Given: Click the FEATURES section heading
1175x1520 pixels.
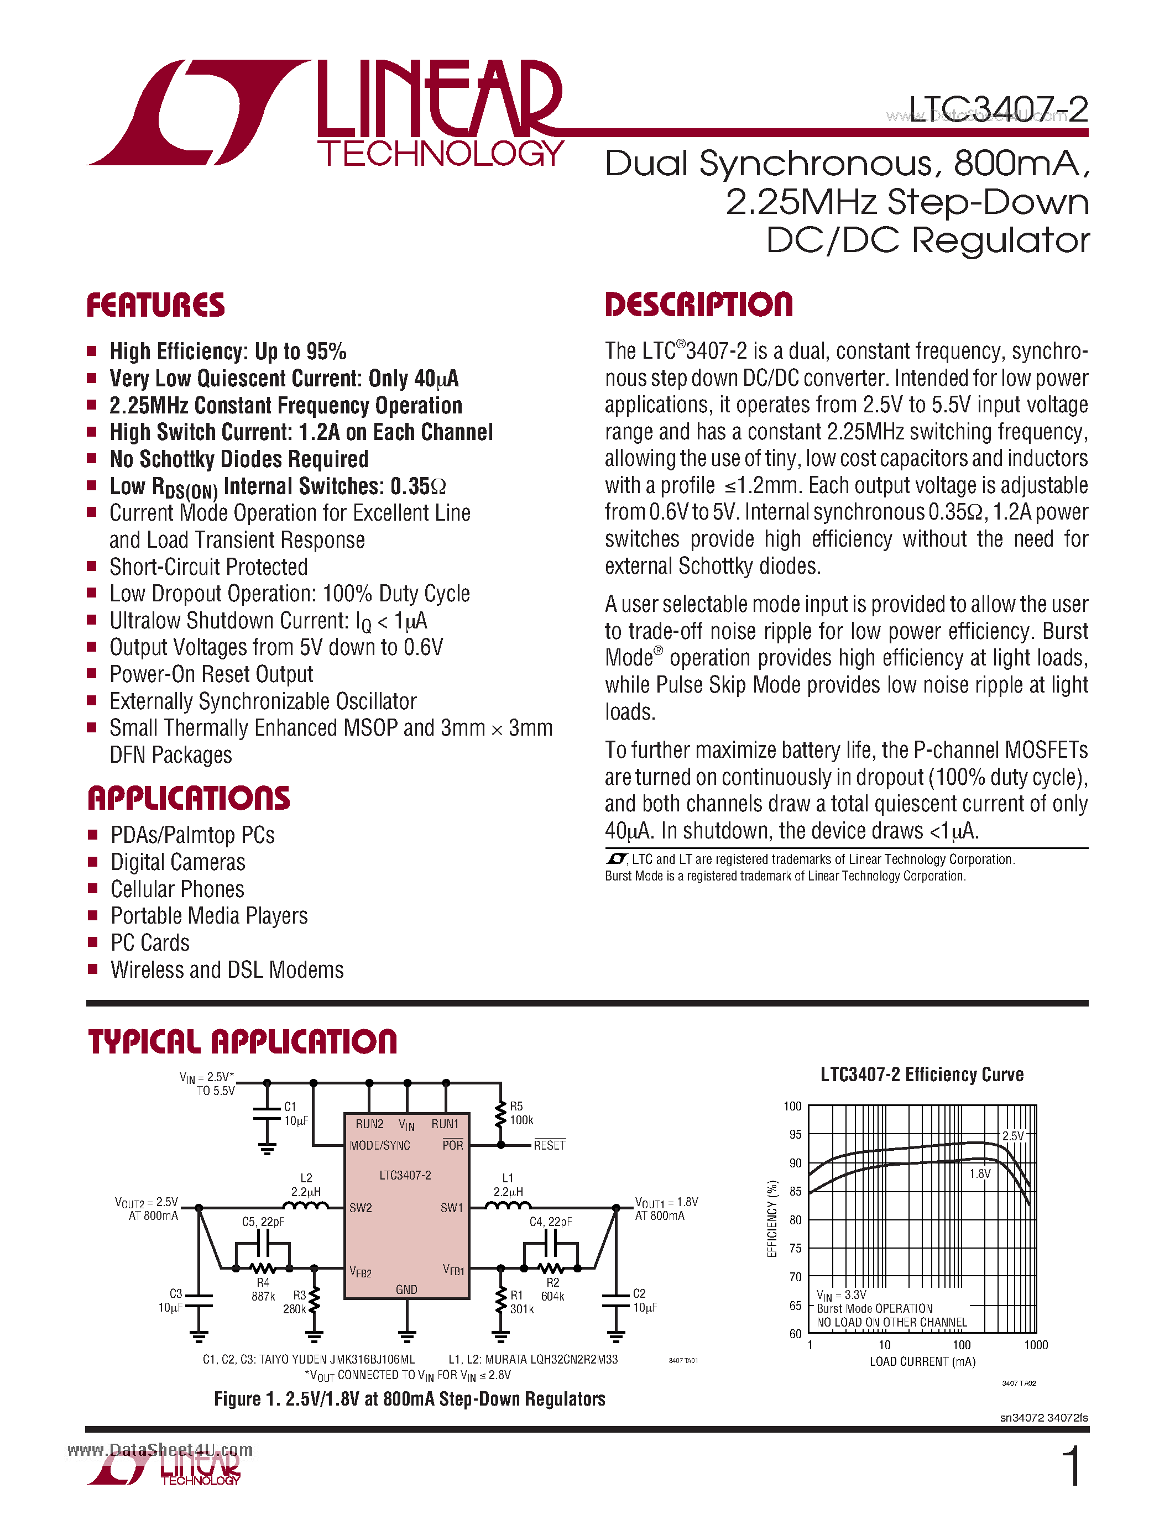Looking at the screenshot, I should coord(155,306).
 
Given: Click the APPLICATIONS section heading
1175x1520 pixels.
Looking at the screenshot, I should coord(189,798).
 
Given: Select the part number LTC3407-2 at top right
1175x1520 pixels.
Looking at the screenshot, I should coord(998,109).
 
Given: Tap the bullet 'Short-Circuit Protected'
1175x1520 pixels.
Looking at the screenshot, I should coord(208,567).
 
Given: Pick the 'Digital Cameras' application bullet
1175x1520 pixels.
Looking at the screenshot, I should coord(177,862).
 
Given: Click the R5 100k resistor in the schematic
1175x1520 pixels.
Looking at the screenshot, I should coord(500,1114).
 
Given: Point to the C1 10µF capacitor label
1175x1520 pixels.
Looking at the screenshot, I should coord(295,1114).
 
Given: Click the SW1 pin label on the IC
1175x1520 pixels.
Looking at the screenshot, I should coord(451,1208).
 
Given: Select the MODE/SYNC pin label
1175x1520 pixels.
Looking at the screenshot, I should coord(379,1146).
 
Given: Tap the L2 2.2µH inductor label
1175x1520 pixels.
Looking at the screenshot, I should coord(306,1185).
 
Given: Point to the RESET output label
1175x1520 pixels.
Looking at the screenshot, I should coord(549,1146).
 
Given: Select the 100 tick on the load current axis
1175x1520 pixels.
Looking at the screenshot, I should coord(962,1345).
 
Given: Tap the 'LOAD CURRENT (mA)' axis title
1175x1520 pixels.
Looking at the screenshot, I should coord(922,1362).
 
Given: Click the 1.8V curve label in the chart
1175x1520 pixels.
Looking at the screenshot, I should coord(979,1174).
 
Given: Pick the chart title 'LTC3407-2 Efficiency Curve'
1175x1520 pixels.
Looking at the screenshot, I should coord(922,1075).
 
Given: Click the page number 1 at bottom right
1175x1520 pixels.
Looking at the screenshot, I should coord(1073,1466).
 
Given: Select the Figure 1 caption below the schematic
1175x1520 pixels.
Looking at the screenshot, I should coord(409,1399).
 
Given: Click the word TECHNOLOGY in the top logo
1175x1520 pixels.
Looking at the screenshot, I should coord(441,154).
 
